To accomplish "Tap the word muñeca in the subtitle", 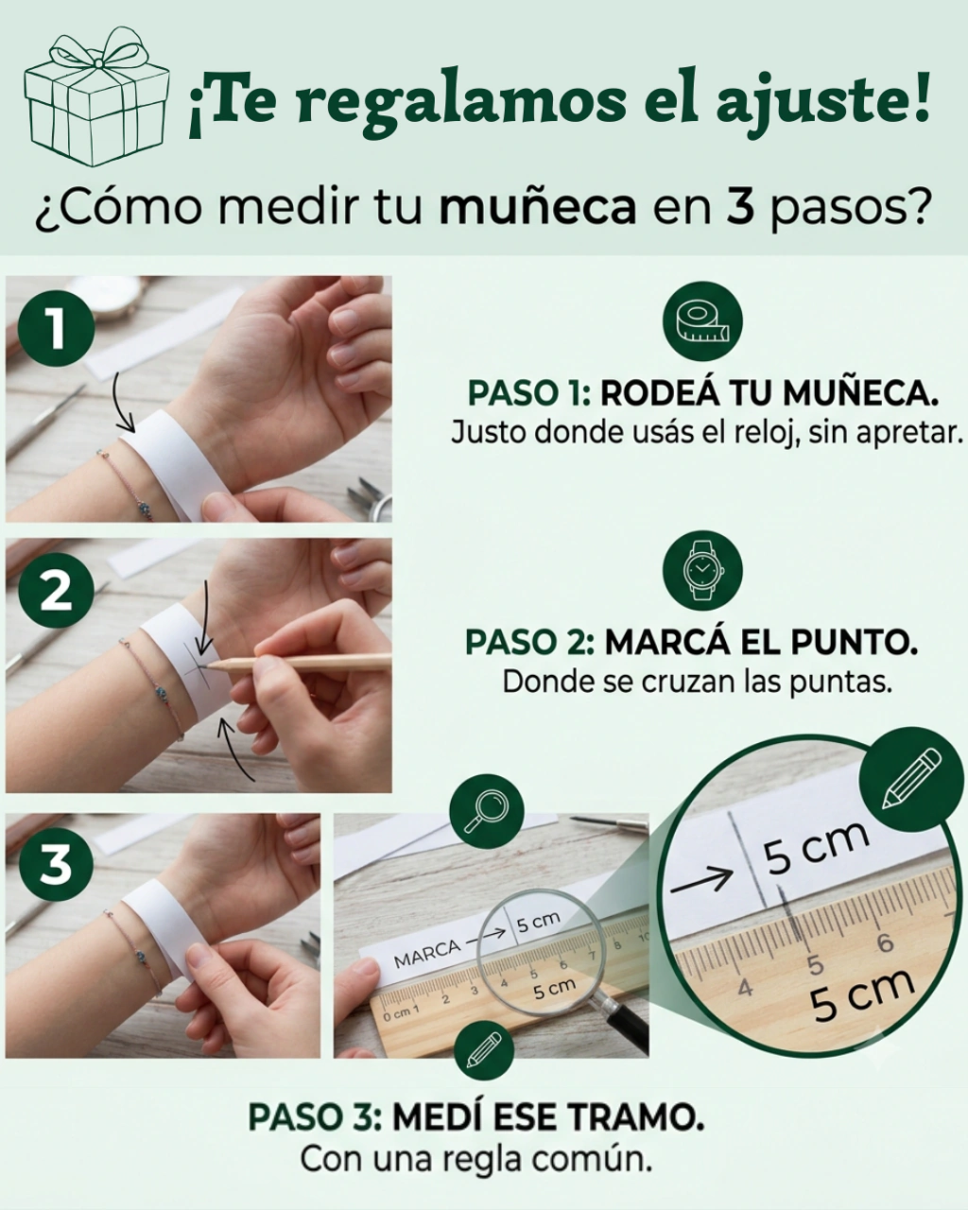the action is [537, 208].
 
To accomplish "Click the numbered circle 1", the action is [56, 329].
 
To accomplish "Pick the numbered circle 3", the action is [56, 865].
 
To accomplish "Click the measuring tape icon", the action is [703, 322].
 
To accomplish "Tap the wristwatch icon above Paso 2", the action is [703, 571].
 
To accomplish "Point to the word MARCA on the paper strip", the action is [427, 954].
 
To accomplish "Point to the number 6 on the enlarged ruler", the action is [886, 942].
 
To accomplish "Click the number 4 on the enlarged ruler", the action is [745, 987].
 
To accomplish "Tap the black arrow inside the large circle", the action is [701, 877].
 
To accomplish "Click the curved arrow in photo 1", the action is [124, 403].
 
